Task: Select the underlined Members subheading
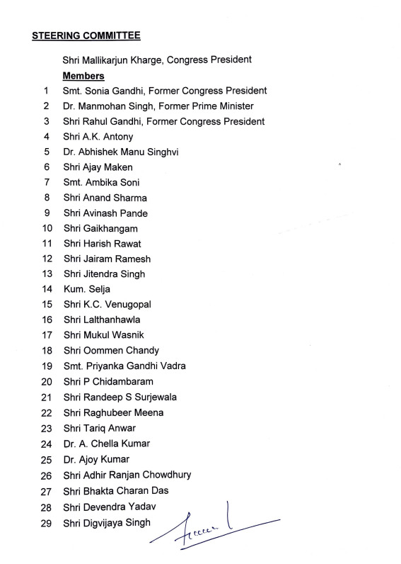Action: click(83, 76)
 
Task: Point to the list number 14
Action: click(47, 289)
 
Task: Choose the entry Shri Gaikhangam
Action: click(100, 228)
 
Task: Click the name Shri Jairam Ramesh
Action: click(107, 259)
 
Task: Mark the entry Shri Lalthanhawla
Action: click(103, 320)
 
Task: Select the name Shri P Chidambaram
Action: click(108, 381)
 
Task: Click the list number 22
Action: click(47, 412)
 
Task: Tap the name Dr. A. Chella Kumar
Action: click(106, 444)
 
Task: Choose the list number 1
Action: click(46, 91)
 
